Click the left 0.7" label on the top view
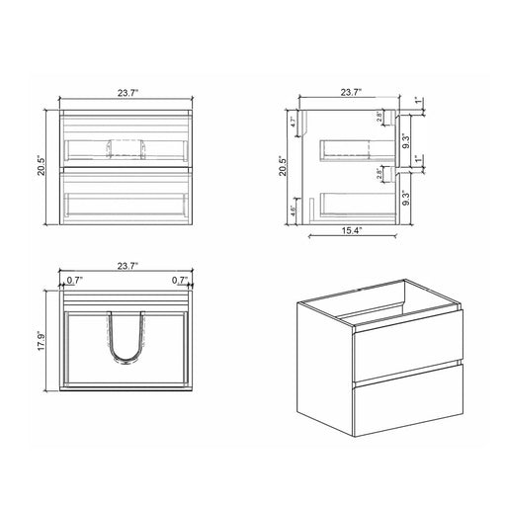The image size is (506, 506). pyautogui.click(x=74, y=280)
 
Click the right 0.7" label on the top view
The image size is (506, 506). pyautogui.click(x=179, y=280)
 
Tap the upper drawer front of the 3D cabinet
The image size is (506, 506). pyautogui.click(x=405, y=342)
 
